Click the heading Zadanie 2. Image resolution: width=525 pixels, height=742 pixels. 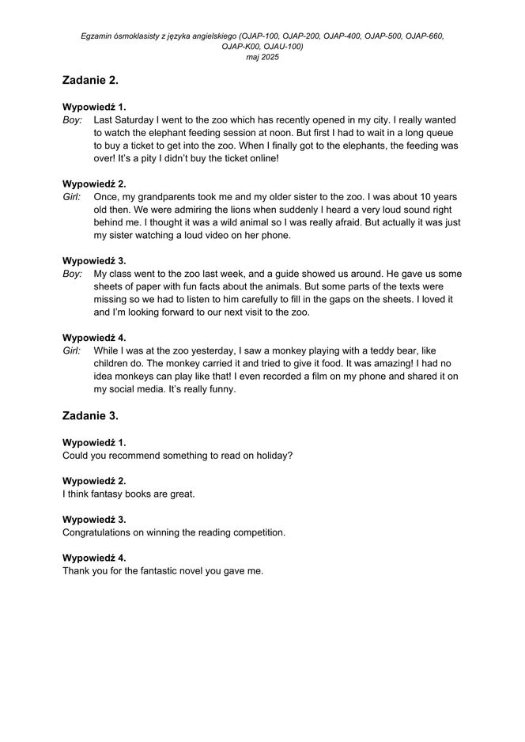[90, 80]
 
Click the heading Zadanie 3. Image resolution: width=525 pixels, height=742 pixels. [90, 415]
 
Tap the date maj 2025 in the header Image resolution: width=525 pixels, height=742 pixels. [262, 57]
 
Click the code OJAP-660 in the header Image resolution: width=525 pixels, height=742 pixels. [423, 36]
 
